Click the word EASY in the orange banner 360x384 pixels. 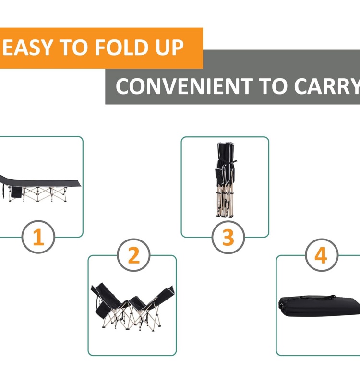[x=28, y=48]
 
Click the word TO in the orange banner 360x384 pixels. [x=73, y=48]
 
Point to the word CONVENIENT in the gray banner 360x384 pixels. [x=184, y=86]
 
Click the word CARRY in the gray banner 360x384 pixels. [x=327, y=86]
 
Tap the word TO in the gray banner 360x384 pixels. [x=273, y=86]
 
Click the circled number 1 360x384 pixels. [x=38, y=237]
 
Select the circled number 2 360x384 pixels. [x=134, y=255]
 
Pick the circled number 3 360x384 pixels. [x=228, y=237]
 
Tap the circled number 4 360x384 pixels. [x=322, y=255]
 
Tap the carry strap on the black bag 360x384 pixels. [x=318, y=297]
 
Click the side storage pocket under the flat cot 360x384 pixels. [x=16, y=192]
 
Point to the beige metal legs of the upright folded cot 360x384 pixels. [x=225, y=201]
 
